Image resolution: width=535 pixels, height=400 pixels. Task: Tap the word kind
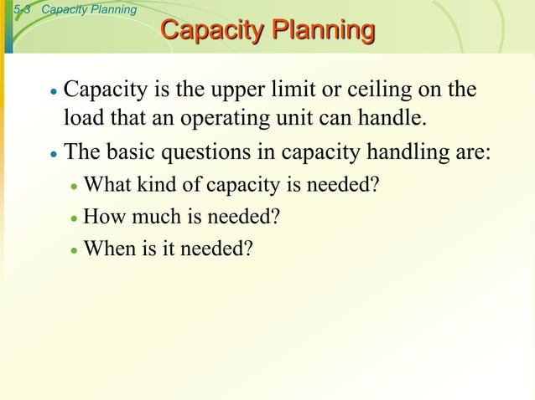(159, 185)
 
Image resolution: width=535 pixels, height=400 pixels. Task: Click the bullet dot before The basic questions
(53, 155)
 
